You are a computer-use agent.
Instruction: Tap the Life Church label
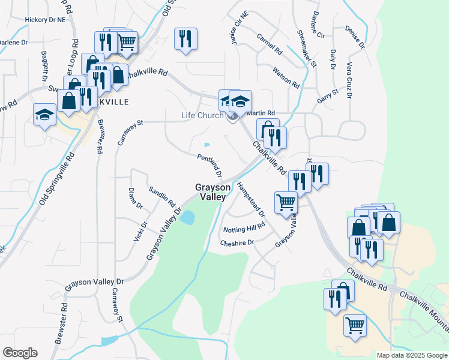pyautogui.click(x=202, y=116)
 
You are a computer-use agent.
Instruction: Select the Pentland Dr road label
pyautogui.click(x=209, y=166)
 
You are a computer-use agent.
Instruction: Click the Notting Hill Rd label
pyautogui.click(x=244, y=229)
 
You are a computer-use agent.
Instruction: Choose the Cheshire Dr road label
pyautogui.click(x=237, y=243)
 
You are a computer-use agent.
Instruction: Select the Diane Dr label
pyautogui.click(x=136, y=198)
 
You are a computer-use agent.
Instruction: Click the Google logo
pyautogui.click(x=20, y=353)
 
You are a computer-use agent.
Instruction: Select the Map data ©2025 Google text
pyautogui.click(x=412, y=355)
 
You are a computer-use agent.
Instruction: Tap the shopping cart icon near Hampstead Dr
pyautogui.click(x=286, y=202)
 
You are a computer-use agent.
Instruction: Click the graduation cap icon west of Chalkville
pyautogui.click(x=44, y=114)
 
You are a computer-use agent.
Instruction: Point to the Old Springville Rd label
pyautogui.click(x=58, y=178)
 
